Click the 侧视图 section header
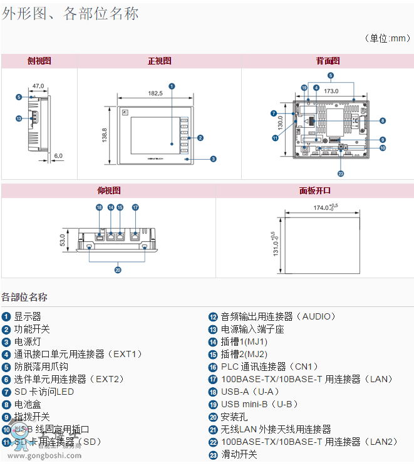point(39,61)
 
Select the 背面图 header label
point(328,61)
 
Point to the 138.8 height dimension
point(105,135)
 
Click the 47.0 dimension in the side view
point(38,86)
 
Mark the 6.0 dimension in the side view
point(58,155)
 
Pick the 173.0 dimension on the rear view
point(331,91)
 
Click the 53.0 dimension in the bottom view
point(62,240)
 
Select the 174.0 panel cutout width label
point(324,207)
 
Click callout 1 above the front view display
point(172,86)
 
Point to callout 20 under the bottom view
point(118,270)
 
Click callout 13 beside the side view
point(19,118)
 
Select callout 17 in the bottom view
point(135,207)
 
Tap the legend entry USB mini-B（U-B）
point(259,404)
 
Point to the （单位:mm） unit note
point(387,38)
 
